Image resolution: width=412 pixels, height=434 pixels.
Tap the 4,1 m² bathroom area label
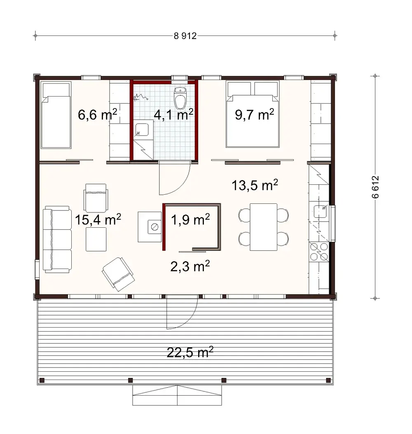(x=173, y=114)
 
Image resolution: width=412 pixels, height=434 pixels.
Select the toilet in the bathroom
(x=180, y=98)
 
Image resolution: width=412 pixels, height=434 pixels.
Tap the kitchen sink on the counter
(x=320, y=211)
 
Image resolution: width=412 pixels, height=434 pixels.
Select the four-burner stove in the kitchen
(x=319, y=252)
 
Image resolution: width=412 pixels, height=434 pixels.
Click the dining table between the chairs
(x=264, y=226)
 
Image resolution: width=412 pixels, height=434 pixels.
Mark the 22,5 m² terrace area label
(x=190, y=352)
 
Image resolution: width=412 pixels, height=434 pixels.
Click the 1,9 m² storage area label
(x=191, y=220)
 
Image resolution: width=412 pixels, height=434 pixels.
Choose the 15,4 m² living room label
(x=98, y=220)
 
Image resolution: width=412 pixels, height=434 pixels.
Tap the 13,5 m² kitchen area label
(x=255, y=185)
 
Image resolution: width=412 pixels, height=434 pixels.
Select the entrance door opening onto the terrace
(x=181, y=314)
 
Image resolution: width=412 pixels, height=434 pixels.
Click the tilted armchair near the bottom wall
(x=118, y=273)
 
